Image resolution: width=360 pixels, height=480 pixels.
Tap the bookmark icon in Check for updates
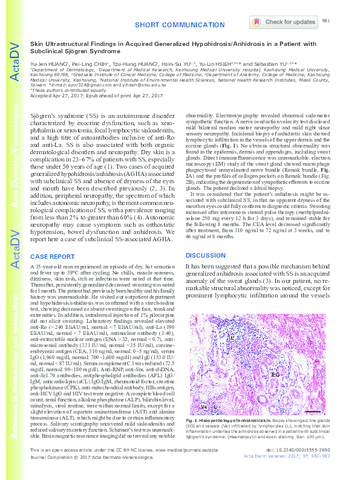256,22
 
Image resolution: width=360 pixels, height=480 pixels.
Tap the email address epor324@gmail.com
68,86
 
